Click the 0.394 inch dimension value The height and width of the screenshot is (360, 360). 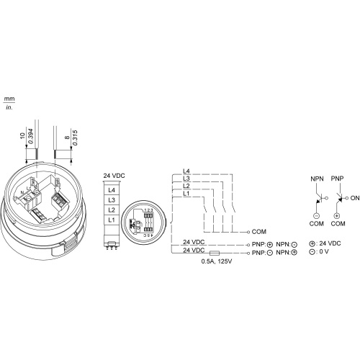click(30, 136)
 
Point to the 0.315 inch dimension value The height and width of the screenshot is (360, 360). click(75, 138)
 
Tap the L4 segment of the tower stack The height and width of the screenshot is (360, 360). click(112, 190)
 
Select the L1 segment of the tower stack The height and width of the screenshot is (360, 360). click(112, 220)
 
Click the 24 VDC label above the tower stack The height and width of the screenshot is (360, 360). click(114, 176)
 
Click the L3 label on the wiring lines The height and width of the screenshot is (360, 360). click(186, 179)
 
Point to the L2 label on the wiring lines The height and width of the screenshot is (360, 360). click(186, 186)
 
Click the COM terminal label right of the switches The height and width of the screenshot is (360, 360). click(259, 232)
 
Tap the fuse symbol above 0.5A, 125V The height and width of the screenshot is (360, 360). click(215, 253)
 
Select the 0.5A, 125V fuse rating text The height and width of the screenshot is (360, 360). click(217, 261)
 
